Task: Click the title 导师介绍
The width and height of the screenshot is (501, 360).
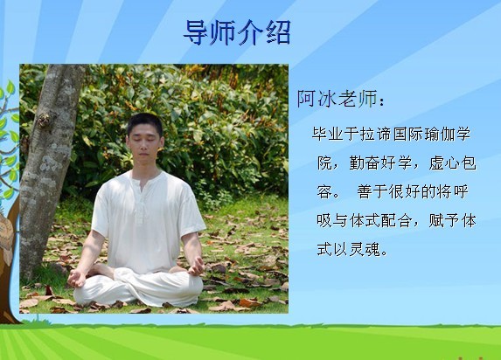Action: [237, 33]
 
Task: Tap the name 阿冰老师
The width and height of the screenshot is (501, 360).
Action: [337, 99]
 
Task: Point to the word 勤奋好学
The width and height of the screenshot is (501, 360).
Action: [380, 163]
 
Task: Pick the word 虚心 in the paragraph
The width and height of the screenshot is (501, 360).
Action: [444, 163]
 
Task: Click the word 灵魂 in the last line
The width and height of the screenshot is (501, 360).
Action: [365, 250]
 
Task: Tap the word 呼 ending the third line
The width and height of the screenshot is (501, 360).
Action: [460, 192]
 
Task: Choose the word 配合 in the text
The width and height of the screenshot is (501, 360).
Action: [396, 221]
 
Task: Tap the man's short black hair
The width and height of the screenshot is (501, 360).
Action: [145, 122]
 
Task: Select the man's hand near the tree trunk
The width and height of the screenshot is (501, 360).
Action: [77, 278]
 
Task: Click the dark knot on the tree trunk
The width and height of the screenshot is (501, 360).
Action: [43, 120]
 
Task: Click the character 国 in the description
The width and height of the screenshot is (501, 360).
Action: [400, 134]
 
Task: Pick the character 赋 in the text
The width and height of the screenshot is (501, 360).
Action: [436, 221]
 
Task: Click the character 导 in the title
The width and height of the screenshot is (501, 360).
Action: [197, 33]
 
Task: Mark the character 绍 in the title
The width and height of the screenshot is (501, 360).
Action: [278, 33]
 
